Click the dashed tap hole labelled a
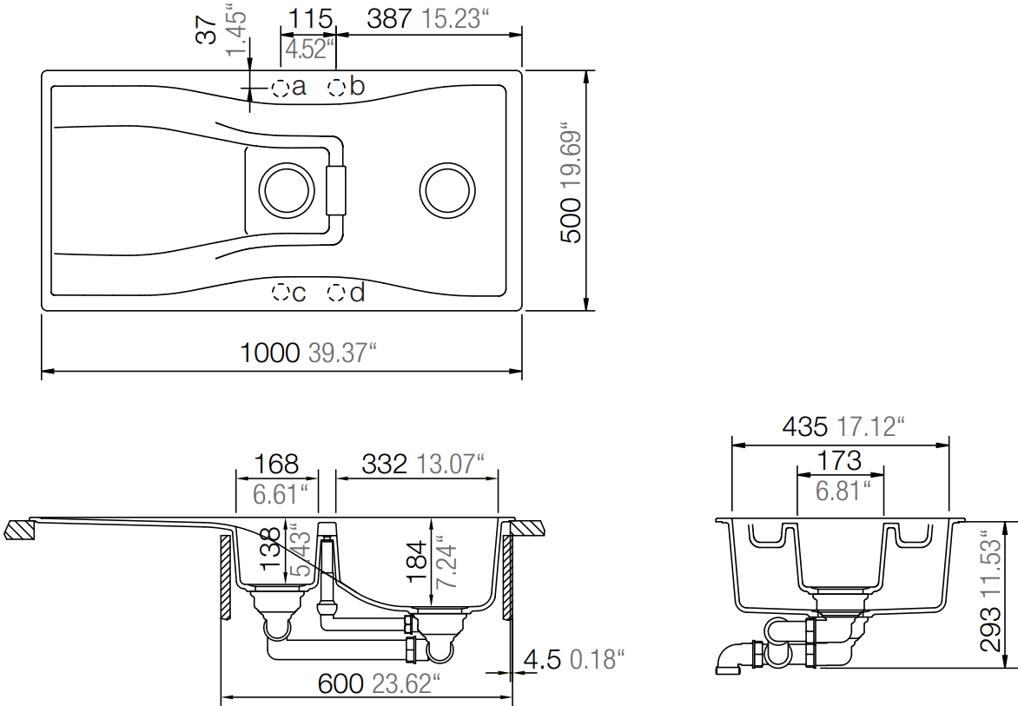tap(281, 88)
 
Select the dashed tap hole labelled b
tap(338, 86)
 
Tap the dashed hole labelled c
tap(281, 293)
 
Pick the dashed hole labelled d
tap(336, 294)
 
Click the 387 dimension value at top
tap(389, 19)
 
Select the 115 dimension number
tap(310, 19)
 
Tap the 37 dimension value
tap(207, 30)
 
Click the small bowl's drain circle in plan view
tap(287, 191)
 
